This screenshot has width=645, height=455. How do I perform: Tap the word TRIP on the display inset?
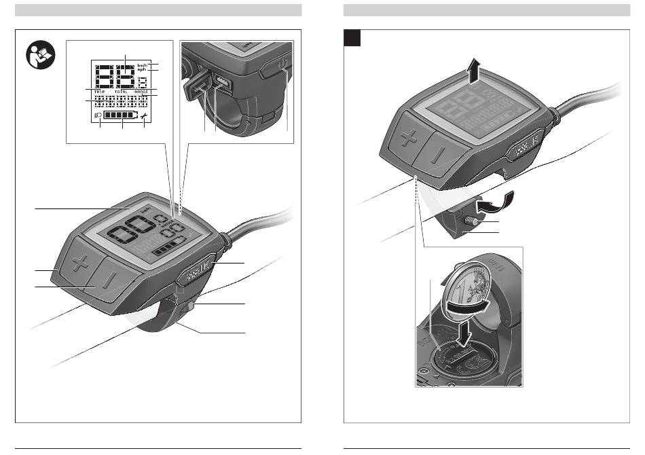99,92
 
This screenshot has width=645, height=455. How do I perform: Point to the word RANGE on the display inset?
141,92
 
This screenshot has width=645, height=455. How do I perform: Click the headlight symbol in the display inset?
99,117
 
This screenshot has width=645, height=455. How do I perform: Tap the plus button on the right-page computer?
408,139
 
